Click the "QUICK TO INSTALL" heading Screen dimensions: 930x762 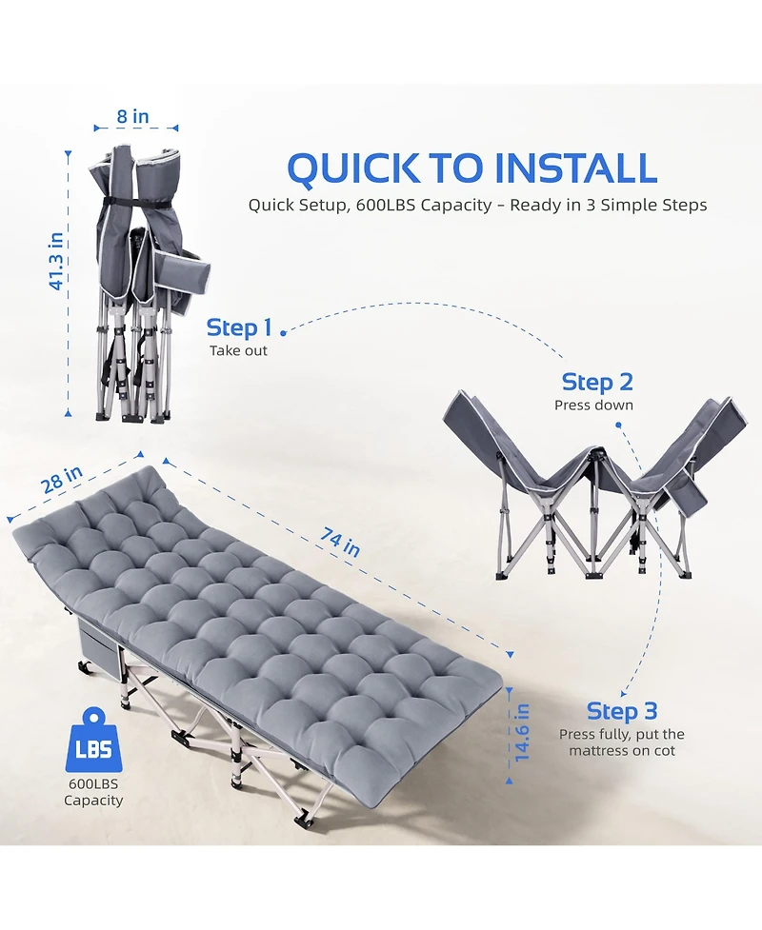[471, 168]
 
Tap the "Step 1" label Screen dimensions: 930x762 [239, 328]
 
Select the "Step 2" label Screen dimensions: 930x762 [597, 383]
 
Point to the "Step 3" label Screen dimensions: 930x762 [622, 711]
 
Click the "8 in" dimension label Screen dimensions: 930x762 [133, 117]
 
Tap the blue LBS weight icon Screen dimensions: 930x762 [93, 744]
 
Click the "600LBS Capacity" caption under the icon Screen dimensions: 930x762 [93, 792]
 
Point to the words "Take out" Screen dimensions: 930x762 [239, 351]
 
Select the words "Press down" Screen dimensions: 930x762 [593, 406]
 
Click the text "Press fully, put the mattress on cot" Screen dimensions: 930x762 [621, 742]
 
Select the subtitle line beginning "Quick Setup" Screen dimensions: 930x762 [477, 206]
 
